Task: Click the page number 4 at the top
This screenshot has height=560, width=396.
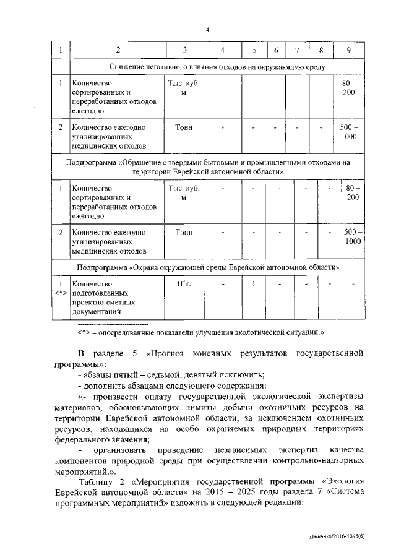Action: pyautogui.click(x=207, y=30)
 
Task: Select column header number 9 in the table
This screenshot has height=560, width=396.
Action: pyautogui.click(x=350, y=50)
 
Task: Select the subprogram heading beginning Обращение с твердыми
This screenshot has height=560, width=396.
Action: pyautogui.click(x=208, y=166)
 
